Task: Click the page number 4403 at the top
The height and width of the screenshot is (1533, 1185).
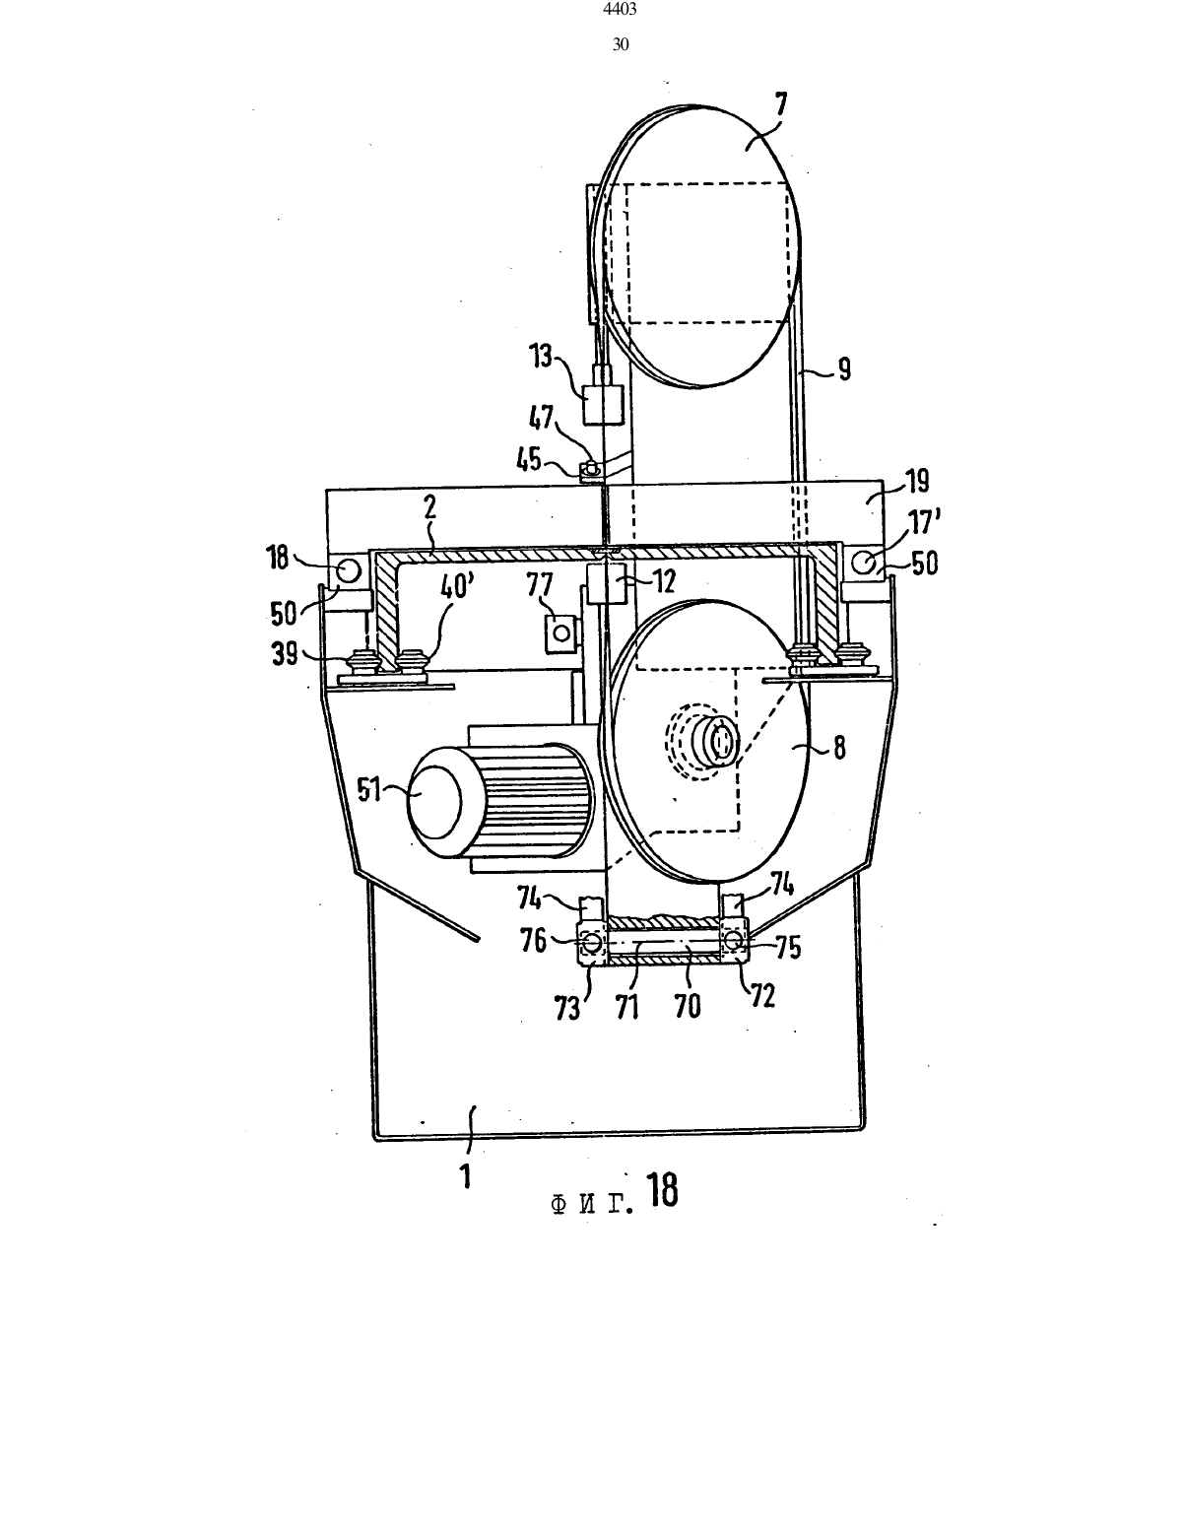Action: [x=621, y=9]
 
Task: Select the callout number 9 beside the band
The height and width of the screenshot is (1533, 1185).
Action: [x=843, y=368]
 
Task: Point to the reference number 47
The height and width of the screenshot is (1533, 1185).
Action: [x=542, y=418]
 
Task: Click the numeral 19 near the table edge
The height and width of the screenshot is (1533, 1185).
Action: [x=917, y=481]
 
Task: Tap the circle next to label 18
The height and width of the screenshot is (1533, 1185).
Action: [x=348, y=569]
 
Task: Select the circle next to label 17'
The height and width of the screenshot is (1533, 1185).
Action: [x=865, y=563]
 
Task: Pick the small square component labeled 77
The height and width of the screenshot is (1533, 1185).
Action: [x=560, y=633]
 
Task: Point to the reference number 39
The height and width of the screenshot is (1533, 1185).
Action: [x=285, y=654]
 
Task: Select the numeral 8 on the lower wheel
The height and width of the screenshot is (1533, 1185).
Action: [x=838, y=747]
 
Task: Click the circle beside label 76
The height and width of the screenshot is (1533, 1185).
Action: [x=590, y=942]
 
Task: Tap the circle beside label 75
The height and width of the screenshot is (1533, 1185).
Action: [x=734, y=941]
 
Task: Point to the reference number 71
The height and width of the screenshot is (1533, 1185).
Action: [x=626, y=1006]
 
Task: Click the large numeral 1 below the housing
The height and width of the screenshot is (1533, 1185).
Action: [x=466, y=1176]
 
